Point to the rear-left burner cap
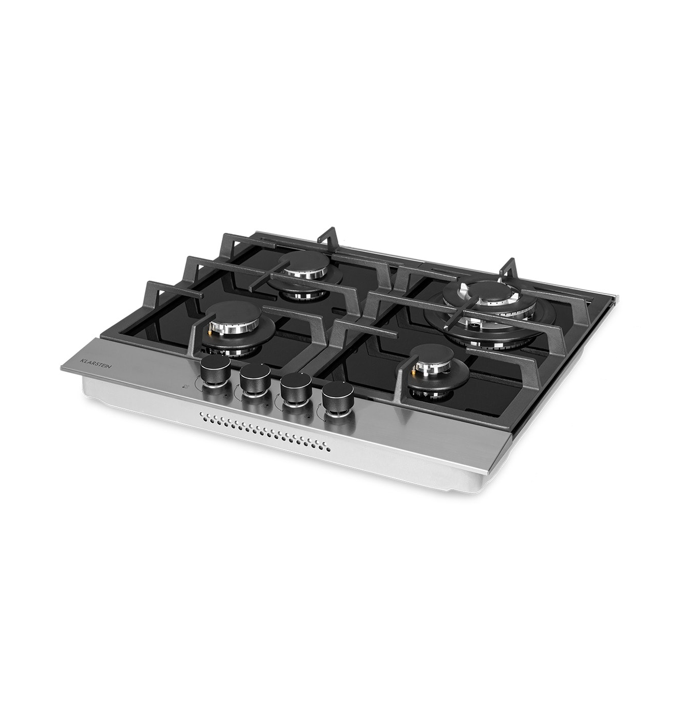304,262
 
